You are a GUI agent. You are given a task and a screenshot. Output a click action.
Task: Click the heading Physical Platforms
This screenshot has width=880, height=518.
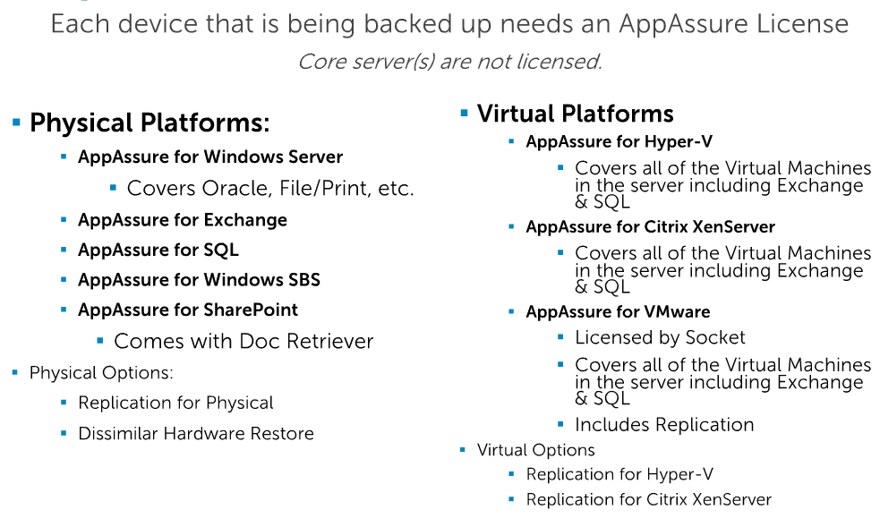click(150, 123)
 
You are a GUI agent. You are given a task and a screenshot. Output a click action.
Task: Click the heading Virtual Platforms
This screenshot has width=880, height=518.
click(575, 114)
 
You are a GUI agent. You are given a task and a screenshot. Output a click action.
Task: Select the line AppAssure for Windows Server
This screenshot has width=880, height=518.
click(210, 157)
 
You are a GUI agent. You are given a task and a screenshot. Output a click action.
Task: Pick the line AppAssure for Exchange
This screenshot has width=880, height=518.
click(183, 220)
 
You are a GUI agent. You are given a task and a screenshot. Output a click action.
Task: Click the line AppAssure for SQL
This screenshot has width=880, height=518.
click(158, 250)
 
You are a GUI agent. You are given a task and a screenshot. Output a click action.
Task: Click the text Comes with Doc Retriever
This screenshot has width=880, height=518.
click(243, 341)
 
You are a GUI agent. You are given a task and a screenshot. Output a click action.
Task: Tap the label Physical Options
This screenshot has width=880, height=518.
click(101, 372)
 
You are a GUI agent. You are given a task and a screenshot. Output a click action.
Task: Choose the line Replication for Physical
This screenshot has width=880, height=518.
click(175, 403)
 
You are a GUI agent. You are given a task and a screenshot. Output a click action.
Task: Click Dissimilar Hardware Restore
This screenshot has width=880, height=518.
click(196, 433)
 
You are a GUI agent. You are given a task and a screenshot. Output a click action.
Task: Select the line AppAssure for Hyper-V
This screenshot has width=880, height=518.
click(619, 141)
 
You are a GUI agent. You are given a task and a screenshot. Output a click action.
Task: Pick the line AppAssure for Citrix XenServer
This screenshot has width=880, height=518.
click(650, 226)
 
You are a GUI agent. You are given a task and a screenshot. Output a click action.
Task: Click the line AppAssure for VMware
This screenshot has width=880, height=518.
click(618, 311)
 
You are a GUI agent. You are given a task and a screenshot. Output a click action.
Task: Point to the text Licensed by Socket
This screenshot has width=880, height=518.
click(660, 337)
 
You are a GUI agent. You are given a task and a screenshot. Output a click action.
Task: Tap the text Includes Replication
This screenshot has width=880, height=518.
click(664, 424)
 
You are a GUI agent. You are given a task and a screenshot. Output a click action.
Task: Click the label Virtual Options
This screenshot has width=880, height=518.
click(536, 450)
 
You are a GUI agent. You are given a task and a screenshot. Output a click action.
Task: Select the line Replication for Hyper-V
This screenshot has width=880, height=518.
click(619, 474)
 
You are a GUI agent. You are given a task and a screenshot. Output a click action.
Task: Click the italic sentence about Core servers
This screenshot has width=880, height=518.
click(449, 62)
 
